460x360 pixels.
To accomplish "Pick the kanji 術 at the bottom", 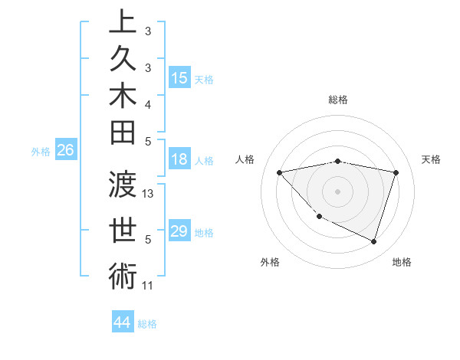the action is click(x=123, y=277).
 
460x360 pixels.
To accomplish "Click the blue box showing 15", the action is click(x=179, y=78).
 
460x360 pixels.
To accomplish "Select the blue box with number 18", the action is click(x=179, y=160).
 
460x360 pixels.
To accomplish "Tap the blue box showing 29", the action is click(x=179, y=231).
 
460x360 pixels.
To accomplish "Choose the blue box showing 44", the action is click(x=122, y=322).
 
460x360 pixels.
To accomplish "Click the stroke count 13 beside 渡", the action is click(x=149, y=194).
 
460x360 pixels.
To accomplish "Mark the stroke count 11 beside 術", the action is click(x=148, y=286).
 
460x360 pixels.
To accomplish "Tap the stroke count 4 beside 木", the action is click(x=148, y=104).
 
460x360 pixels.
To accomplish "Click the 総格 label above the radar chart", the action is click(x=337, y=100).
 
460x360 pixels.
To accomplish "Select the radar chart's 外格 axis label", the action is click(x=270, y=262).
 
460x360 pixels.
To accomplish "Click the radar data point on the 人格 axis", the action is click(x=279, y=172).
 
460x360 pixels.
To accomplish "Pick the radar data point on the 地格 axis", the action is click(x=373, y=241).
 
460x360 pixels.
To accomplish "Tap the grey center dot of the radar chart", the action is click(x=337, y=191).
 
